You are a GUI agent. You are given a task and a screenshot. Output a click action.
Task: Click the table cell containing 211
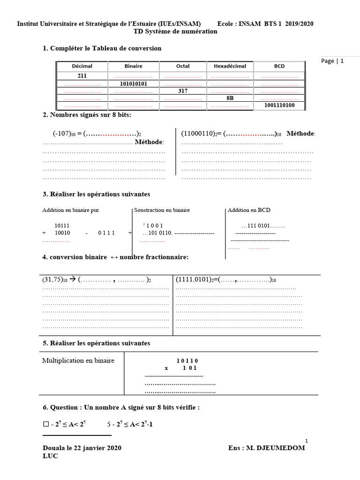[x=82, y=75]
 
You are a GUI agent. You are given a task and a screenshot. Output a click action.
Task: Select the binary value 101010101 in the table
[x=134, y=83]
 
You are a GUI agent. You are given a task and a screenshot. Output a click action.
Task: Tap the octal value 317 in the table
[x=183, y=91]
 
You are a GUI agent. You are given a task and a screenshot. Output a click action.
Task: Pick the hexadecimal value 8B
[x=230, y=99]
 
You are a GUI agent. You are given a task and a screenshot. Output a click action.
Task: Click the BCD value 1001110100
[x=279, y=106]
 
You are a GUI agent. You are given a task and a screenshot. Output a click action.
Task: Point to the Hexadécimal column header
[x=230, y=66]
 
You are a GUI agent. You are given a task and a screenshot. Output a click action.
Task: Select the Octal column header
[x=183, y=66]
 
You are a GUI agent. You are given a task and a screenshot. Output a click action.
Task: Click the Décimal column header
[x=82, y=66]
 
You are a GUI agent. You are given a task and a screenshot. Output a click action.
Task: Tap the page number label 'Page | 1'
[x=333, y=61]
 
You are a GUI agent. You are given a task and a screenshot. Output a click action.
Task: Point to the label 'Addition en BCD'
[x=249, y=210]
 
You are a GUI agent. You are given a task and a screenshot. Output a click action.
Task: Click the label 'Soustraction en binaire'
[x=162, y=210]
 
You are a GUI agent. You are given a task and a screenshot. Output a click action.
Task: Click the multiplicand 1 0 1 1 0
[x=187, y=360]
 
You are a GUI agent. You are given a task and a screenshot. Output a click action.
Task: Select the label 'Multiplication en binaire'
[x=78, y=360]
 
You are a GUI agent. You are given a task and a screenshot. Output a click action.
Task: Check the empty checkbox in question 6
[x=45, y=425]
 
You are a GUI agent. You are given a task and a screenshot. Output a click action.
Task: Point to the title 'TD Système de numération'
[x=175, y=31]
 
